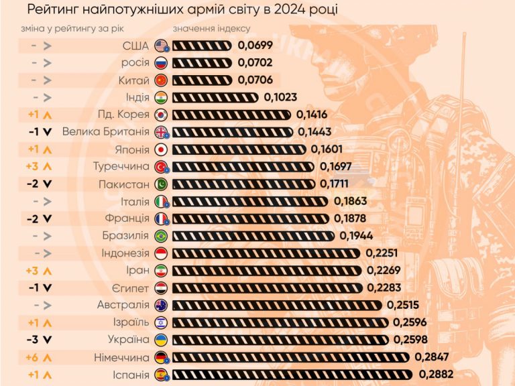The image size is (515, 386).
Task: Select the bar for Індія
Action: (x=215, y=97)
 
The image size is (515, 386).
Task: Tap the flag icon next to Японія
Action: (x=161, y=149)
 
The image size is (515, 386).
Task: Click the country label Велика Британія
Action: (x=105, y=132)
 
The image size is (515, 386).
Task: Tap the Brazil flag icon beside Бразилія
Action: (x=161, y=236)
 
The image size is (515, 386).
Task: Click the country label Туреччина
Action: (x=121, y=167)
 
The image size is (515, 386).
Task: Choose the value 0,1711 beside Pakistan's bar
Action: (x=339, y=184)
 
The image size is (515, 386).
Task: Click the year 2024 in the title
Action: (x=293, y=10)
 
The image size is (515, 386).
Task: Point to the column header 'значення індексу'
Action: (x=211, y=29)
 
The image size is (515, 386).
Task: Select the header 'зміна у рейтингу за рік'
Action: (x=72, y=29)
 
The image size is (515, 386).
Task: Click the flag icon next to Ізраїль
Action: (x=161, y=323)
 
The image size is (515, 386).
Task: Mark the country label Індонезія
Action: (x=125, y=253)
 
